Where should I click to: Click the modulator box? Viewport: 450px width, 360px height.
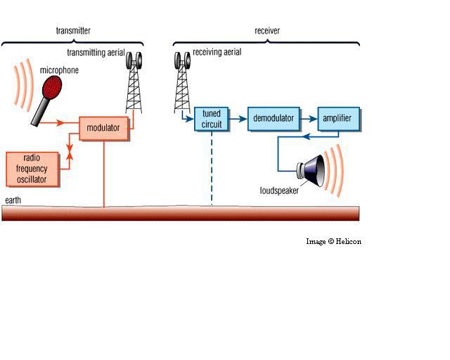[x=104, y=129]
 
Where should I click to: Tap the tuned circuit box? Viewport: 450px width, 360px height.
[x=212, y=119]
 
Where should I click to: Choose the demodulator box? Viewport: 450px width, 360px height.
[x=274, y=118]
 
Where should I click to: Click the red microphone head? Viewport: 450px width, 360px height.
[x=53, y=87]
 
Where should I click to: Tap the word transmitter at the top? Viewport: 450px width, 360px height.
[x=73, y=31]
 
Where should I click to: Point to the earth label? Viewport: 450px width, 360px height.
[x=13, y=200]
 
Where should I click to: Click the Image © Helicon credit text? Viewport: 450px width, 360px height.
[x=333, y=241]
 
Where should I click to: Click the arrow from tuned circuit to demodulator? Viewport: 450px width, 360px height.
[x=238, y=118]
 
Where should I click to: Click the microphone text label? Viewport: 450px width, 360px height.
[x=59, y=70]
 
